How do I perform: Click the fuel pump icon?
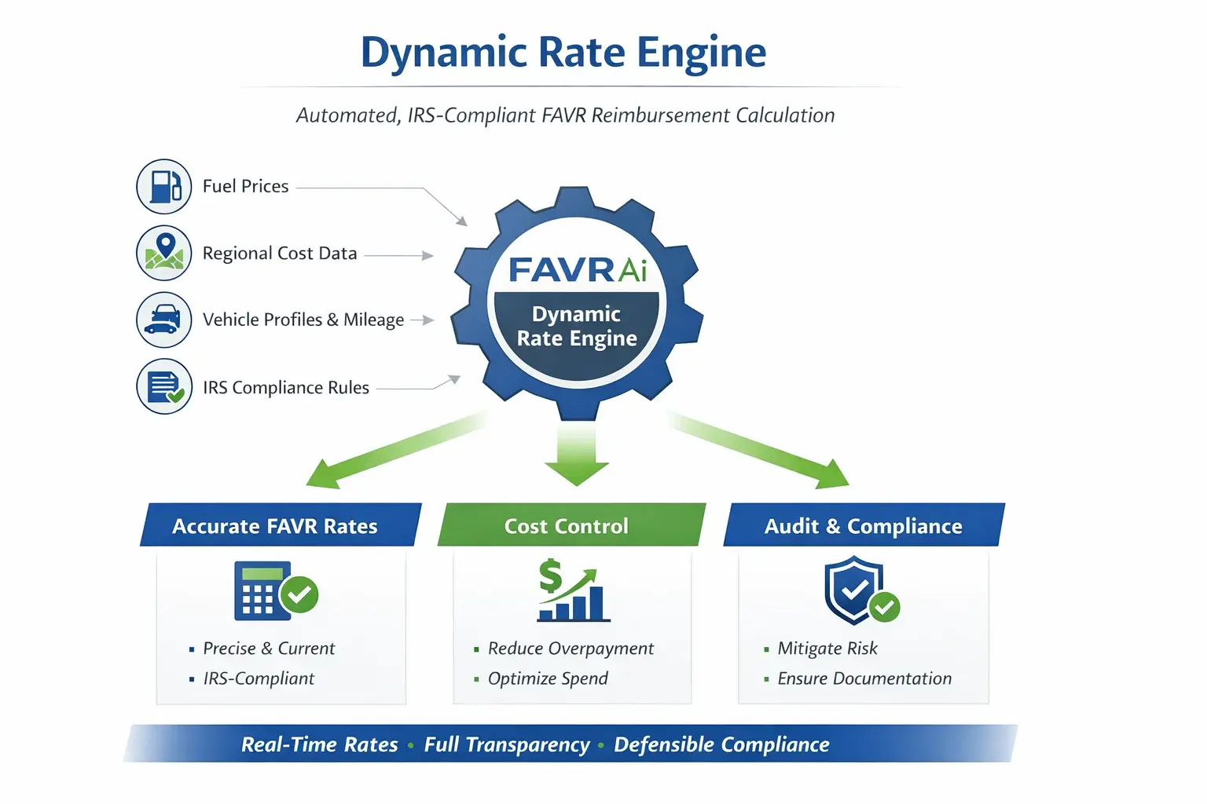(164, 186)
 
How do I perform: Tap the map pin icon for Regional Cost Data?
(164, 252)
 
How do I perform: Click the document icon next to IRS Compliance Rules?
(164, 386)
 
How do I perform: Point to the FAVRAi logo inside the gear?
(578, 270)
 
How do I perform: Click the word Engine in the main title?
(701, 53)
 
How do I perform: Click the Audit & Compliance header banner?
(863, 525)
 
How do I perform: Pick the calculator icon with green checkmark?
(274, 592)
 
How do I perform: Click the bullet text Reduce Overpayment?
(570, 649)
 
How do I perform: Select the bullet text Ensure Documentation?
(864, 678)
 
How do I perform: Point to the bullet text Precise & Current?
(269, 649)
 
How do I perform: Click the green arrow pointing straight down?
(577, 455)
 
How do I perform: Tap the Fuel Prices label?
(246, 186)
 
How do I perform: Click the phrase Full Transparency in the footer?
(507, 744)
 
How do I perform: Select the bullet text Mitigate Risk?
(827, 649)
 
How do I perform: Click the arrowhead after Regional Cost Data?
(427, 255)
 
